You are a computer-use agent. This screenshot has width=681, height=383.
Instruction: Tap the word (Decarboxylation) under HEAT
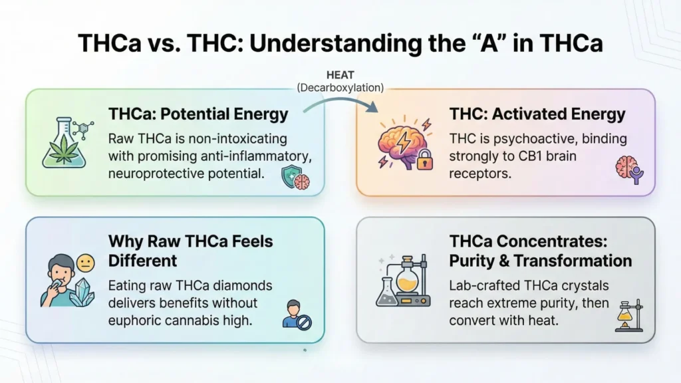(340, 87)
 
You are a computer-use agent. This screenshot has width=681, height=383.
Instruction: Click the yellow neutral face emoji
(85, 264)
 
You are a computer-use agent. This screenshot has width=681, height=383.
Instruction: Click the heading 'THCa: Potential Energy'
(198, 114)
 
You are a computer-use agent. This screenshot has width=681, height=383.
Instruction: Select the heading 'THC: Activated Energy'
(537, 114)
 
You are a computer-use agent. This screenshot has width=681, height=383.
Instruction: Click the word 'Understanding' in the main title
(318, 44)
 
